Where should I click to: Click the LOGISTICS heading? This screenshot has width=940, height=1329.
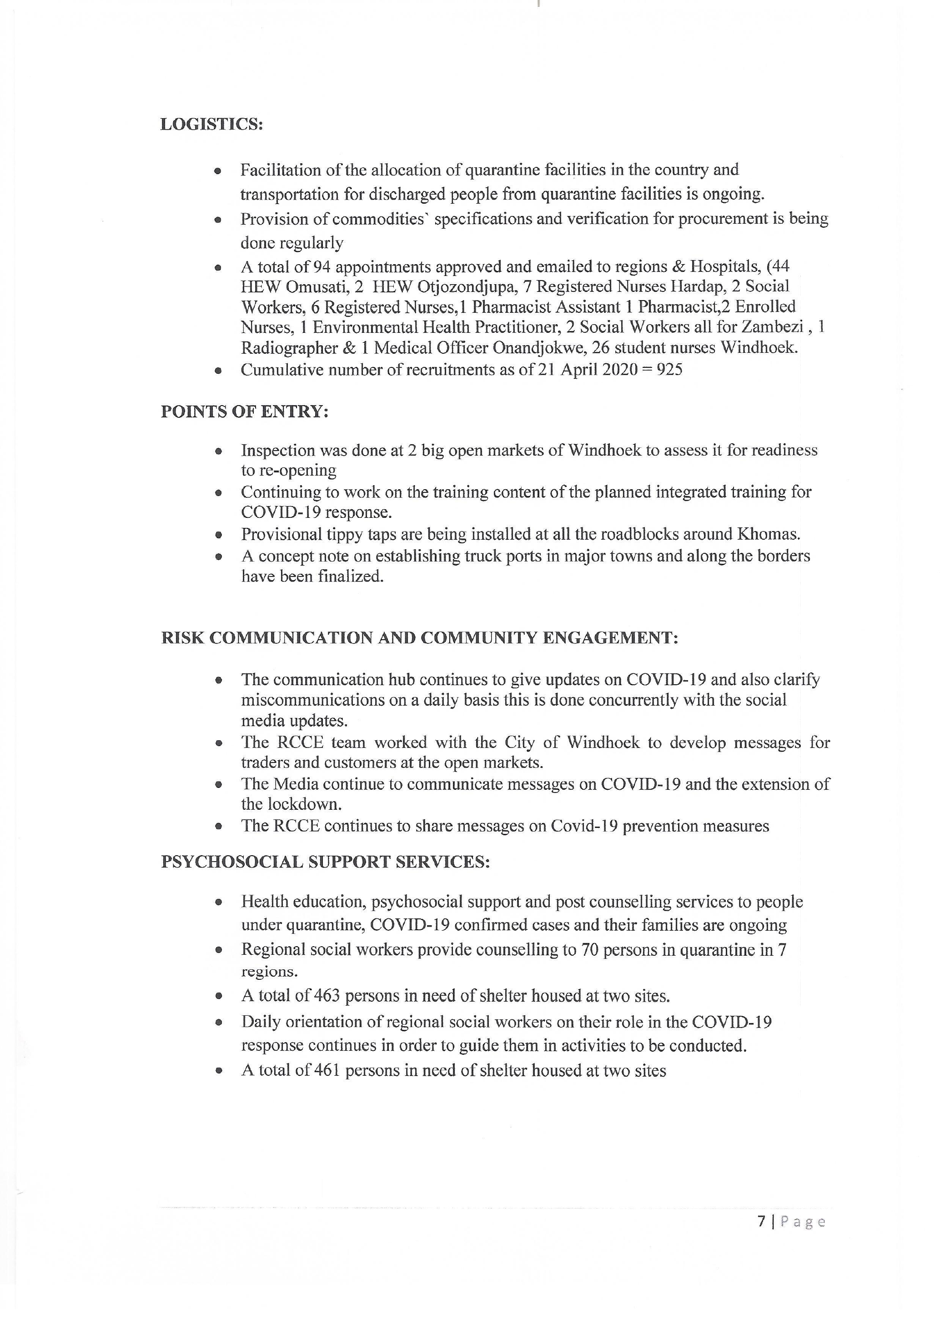point(211,125)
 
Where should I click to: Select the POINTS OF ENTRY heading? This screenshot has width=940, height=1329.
point(244,411)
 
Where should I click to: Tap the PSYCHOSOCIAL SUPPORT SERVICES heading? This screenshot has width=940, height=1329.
point(325,862)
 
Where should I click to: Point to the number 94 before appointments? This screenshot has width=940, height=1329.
point(321,267)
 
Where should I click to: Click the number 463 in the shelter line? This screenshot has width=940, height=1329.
point(327,996)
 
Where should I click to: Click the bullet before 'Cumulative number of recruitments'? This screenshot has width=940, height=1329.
point(218,371)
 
